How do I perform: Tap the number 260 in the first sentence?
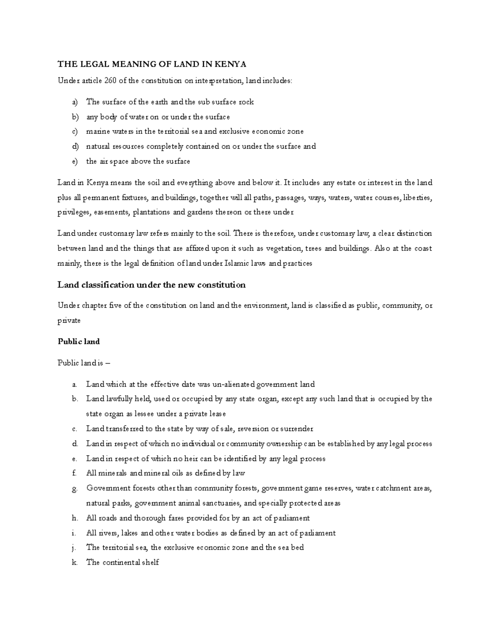110,80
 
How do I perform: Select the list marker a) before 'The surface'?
74,102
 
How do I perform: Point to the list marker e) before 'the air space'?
74,161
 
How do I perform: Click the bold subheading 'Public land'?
78,341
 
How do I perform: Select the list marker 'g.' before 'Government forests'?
74,488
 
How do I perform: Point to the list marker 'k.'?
74,562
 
